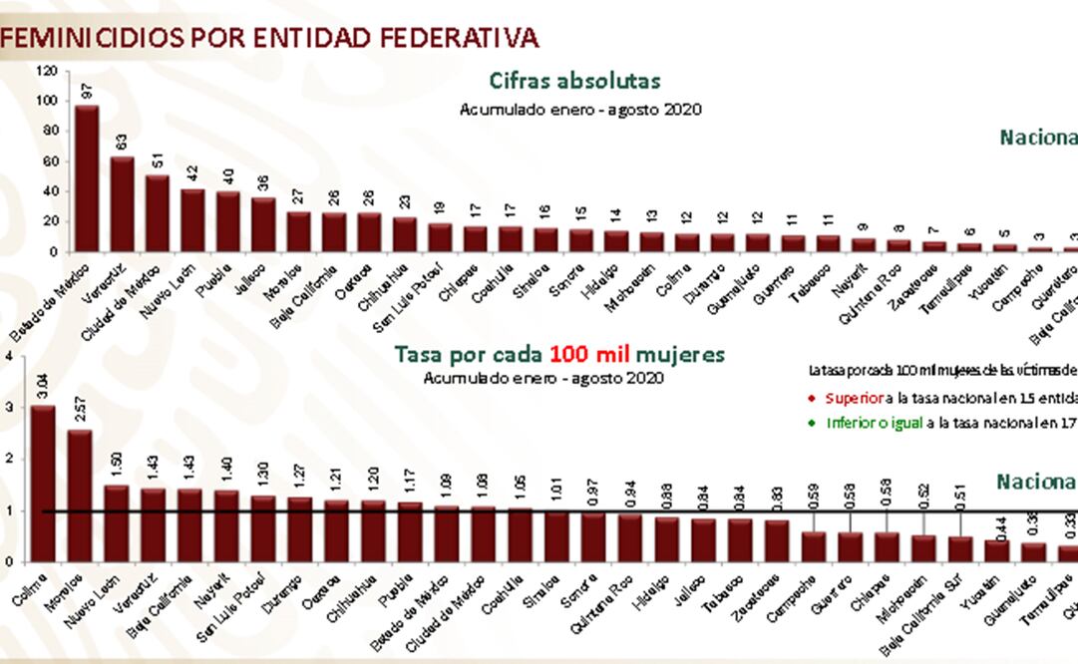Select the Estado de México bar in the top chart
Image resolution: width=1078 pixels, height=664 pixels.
tap(87, 178)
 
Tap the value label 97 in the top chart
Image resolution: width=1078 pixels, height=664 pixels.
tap(87, 91)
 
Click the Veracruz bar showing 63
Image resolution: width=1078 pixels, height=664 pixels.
tap(122, 204)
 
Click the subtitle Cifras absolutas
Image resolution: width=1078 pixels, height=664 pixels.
tap(574, 82)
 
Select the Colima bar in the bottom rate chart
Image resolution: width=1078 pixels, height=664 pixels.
tap(43, 484)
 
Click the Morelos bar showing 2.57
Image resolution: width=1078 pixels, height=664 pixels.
tap(79, 496)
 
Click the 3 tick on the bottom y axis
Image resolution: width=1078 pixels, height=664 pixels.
tap(9, 408)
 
